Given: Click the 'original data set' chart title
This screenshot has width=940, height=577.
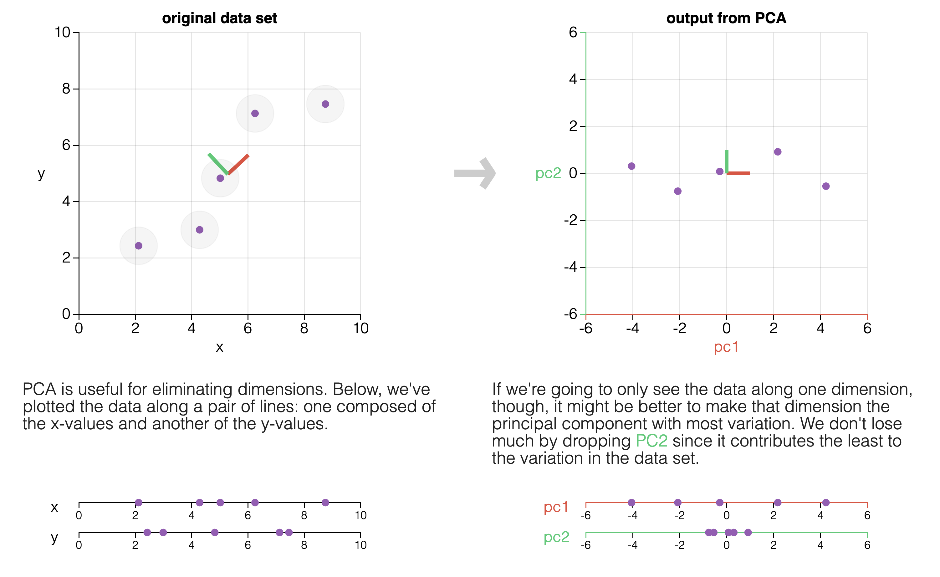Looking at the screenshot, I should (x=219, y=18).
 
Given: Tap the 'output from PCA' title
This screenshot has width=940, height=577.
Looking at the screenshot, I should (x=726, y=18).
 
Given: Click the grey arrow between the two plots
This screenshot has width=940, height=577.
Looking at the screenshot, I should (x=475, y=173).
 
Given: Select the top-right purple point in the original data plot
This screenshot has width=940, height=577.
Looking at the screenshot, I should (x=325, y=104).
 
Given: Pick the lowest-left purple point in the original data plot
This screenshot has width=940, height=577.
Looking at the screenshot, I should (x=139, y=246).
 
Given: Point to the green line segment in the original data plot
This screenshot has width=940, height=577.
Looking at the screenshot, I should (x=218, y=164).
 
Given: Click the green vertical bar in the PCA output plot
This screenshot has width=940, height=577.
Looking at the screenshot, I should (x=727, y=161).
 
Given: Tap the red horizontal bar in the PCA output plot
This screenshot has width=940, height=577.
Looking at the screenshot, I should (x=738, y=173).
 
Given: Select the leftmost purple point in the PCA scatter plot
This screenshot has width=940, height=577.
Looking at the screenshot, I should (x=632, y=166).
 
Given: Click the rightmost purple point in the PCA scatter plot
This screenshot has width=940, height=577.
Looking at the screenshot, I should (x=826, y=186).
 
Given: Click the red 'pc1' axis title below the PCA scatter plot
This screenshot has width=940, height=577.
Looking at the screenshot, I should (x=726, y=347).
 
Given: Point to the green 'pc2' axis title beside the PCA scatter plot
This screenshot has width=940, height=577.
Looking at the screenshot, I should (x=548, y=173).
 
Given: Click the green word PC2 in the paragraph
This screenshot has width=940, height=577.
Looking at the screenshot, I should (x=651, y=441).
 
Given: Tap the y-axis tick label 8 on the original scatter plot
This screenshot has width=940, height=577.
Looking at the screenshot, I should (x=66, y=89).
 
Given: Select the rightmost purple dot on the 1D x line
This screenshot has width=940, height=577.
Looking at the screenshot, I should (x=325, y=503).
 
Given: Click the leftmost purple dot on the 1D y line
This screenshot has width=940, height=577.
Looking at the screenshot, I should (x=147, y=532).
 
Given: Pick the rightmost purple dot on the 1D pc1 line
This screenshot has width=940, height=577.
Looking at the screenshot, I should (x=826, y=503).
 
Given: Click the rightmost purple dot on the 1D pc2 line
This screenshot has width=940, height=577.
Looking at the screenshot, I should (x=748, y=532).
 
